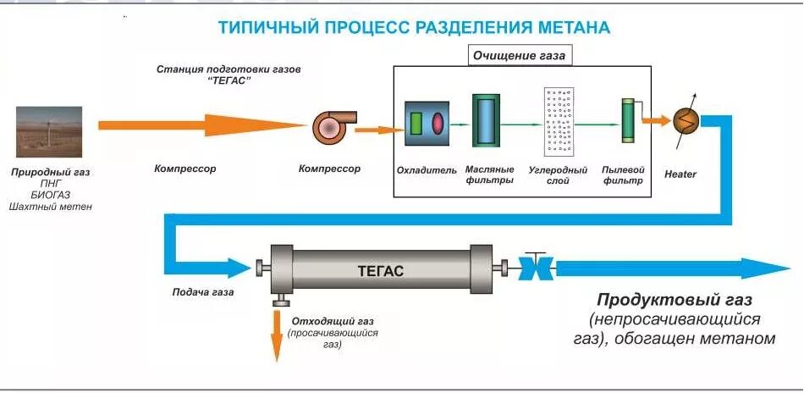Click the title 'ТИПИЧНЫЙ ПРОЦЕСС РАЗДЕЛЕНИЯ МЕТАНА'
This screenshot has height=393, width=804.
[x=414, y=27]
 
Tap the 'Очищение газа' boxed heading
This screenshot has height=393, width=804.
[x=518, y=57]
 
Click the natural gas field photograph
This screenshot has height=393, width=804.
[x=49, y=131]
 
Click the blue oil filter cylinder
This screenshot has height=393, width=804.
[x=487, y=122]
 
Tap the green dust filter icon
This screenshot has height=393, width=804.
[x=627, y=121]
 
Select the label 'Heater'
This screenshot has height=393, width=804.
[x=680, y=174]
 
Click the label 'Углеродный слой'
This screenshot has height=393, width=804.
[x=558, y=175]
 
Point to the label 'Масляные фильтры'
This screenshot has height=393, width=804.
[x=489, y=175]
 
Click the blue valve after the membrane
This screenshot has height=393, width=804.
[x=534, y=270]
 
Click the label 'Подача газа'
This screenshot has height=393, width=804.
[x=202, y=292]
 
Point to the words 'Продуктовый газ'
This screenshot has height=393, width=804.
[x=675, y=300]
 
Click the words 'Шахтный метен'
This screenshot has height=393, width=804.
[x=50, y=207]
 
